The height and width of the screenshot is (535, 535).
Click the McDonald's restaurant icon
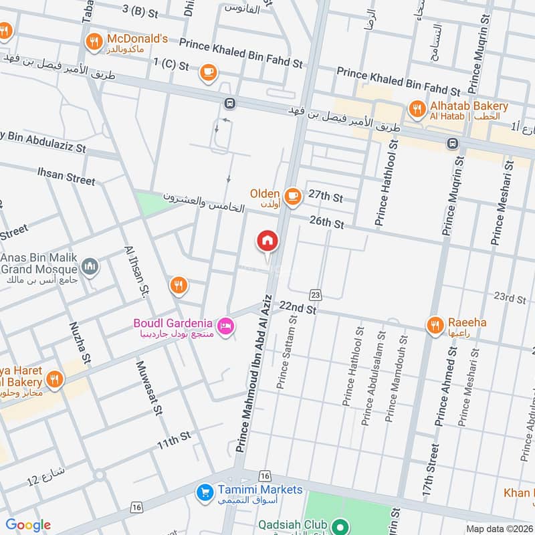94,43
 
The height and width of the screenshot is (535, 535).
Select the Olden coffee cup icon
292,195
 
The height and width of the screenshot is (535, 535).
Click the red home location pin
267,241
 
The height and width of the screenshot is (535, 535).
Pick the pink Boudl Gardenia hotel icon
226,324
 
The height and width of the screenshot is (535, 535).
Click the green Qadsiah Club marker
340,526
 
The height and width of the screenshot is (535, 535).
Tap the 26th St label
326,223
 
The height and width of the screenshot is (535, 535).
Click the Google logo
28,525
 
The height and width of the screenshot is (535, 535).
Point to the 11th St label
174,440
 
